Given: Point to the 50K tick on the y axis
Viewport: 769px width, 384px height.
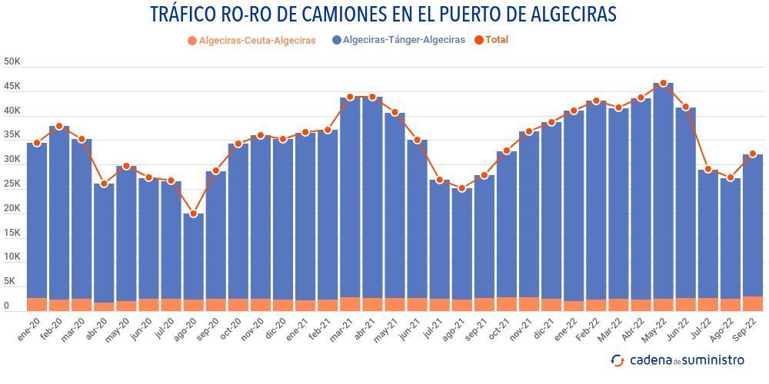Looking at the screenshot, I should pyautogui.click(x=12, y=61).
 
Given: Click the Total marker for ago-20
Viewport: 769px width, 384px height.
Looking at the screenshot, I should pyautogui.click(x=194, y=214).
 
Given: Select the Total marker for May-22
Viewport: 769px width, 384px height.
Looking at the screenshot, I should pyautogui.click(x=663, y=84).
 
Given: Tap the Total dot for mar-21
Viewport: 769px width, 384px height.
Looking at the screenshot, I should pyautogui.click(x=350, y=98).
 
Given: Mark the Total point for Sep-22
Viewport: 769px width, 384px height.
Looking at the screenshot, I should pyautogui.click(x=753, y=154).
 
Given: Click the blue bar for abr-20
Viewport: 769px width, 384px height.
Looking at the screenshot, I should pyautogui.click(x=104, y=243).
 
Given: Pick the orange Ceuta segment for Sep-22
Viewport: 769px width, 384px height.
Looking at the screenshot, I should pyautogui.click(x=753, y=303).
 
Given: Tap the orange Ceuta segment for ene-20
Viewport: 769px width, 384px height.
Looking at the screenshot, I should pyautogui.click(x=37, y=304).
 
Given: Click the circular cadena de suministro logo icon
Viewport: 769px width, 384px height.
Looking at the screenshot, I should pyautogui.click(x=618, y=359).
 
